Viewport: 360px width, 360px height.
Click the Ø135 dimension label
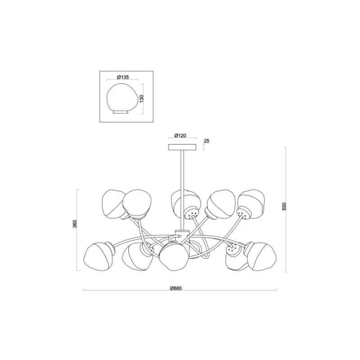coord(123,77)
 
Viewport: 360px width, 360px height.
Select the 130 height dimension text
coord(141,99)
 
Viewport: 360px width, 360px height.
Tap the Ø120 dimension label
coord(180,136)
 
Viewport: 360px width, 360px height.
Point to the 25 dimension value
coord(207,141)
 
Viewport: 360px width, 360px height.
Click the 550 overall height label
coord(284,207)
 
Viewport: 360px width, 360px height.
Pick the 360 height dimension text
coord(75,224)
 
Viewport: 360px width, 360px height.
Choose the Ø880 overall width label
coord(176,288)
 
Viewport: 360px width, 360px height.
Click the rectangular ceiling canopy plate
coord(182,147)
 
